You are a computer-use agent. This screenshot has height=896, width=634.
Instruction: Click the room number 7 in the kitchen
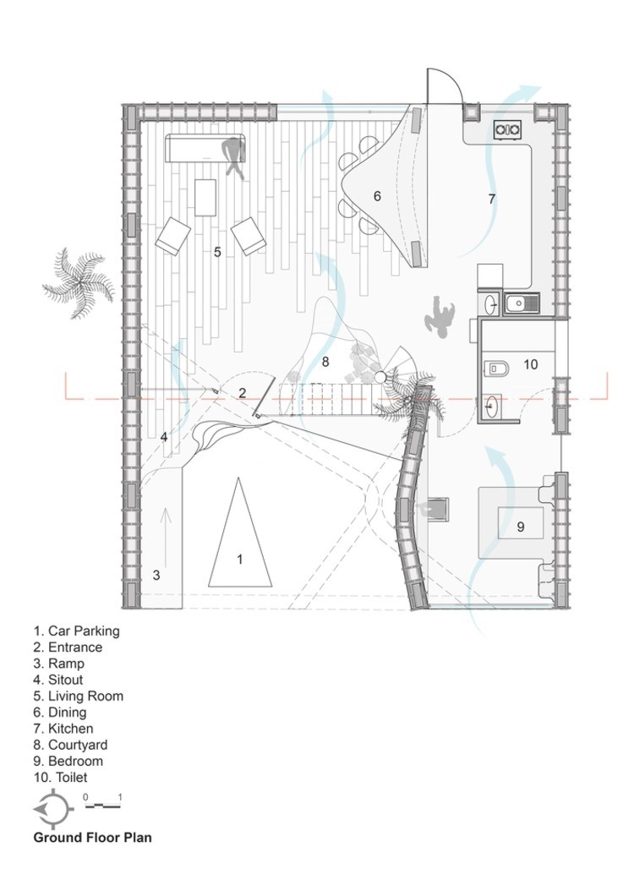[x=492, y=199]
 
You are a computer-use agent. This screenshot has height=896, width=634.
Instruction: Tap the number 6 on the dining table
[x=377, y=196]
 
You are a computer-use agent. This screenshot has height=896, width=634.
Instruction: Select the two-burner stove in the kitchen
[x=507, y=131]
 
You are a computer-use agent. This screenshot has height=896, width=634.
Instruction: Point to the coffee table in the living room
[x=205, y=197]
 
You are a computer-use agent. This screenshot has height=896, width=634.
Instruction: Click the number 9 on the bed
[x=520, y=526]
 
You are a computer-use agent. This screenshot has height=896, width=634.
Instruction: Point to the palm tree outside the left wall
[x=79, y=282]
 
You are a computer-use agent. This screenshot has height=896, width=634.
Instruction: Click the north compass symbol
[x=53, y=809]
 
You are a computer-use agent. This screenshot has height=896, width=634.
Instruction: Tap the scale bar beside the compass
[x=103, y=805]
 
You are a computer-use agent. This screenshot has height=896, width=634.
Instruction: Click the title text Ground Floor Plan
[x=93, y=838]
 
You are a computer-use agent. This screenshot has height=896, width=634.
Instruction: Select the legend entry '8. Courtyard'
[x=70, y=745]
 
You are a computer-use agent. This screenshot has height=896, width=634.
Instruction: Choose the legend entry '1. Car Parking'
[x=77, y=631]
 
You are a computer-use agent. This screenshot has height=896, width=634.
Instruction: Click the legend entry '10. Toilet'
[x=60, y=777]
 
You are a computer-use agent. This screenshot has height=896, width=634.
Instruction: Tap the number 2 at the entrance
[x=243, y=392]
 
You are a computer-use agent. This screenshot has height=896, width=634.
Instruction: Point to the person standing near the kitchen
[x=440, y=316]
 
